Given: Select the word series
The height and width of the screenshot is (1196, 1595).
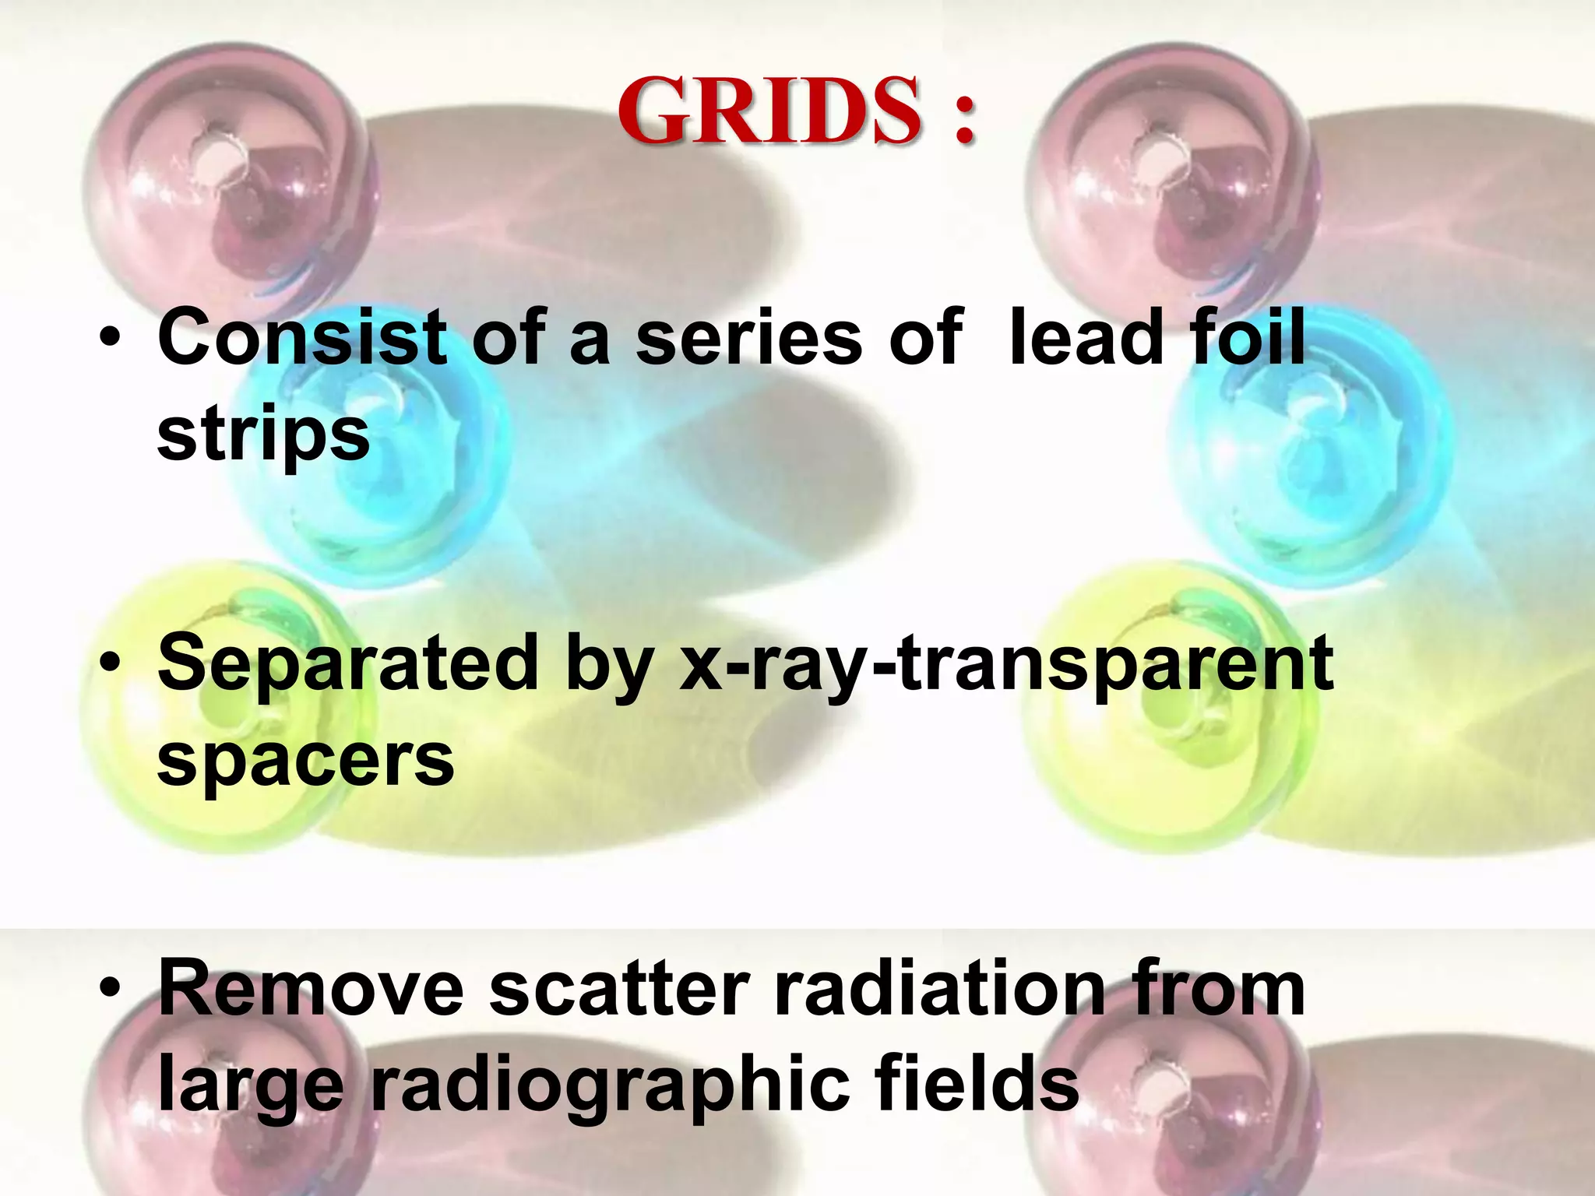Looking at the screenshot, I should (748, 337).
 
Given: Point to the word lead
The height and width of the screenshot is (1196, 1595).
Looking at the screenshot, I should (1081, 337).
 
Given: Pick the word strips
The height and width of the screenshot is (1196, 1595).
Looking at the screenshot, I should (263, 436).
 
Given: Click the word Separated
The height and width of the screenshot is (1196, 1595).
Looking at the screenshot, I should (347, 663).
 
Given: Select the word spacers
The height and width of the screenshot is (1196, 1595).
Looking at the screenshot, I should (305, 762).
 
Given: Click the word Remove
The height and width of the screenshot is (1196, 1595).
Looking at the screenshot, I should (311, 990).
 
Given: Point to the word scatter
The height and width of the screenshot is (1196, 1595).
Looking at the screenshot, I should (620, 990).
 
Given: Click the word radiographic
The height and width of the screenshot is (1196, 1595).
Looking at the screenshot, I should (610, 1087).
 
